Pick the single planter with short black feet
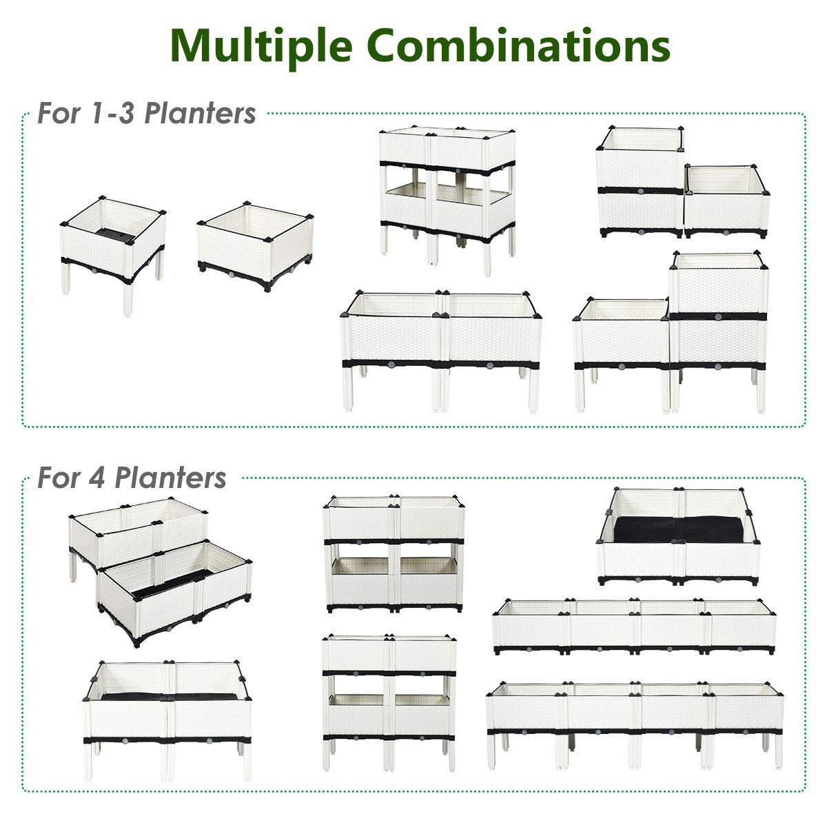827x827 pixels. click(x=255, y=245)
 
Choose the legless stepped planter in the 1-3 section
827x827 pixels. click(x=682, y=183)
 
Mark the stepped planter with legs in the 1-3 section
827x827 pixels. click(x=672, y=331)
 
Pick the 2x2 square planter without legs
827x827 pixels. click(x=679, y=538)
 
